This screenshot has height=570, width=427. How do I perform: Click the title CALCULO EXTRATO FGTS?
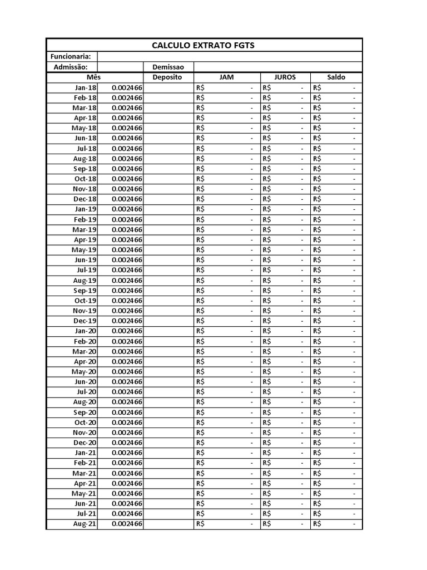203,45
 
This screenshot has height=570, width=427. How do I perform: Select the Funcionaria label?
71,57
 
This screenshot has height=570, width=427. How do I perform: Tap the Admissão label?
71,67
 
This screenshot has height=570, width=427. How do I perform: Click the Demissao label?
168,67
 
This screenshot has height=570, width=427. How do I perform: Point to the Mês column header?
93,77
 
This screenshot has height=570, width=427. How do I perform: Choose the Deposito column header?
168,77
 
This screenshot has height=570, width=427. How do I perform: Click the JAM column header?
226,77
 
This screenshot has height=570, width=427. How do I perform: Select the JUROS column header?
285,77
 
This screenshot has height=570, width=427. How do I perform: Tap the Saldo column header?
336,77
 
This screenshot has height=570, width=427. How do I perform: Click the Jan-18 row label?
85,87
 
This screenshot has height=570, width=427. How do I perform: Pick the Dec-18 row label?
85,199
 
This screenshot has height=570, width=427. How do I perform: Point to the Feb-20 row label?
85,341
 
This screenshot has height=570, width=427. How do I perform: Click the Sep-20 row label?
85,412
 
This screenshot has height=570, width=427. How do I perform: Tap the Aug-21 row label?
85,524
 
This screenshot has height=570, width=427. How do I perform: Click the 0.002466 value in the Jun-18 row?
127,138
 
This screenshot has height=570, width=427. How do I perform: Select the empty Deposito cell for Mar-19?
168,229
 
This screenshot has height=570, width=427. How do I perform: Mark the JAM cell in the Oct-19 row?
226,301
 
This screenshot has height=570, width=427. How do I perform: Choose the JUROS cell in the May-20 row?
285,372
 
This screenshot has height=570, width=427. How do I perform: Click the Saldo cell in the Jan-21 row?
336,453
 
